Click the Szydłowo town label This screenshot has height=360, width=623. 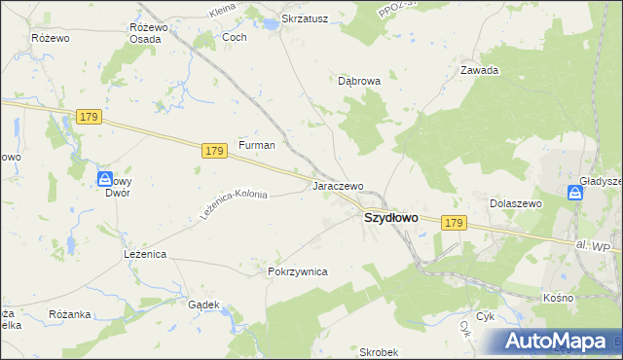click(391, 219)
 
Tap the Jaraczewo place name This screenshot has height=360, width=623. click(338, 185)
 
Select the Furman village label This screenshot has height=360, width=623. click(257, 145)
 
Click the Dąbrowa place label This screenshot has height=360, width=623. click(358, 82)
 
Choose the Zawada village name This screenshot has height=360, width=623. click(480, 70)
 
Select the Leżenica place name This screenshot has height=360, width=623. click(146, 254)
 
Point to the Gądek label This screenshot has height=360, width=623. click(202, 304)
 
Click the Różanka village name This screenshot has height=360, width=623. click(70, 314)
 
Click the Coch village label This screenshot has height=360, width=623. click(235, 37)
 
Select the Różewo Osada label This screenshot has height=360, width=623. click(149, 33)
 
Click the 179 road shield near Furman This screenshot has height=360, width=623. click(216, 150)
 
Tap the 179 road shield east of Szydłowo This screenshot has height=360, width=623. click(453, 223)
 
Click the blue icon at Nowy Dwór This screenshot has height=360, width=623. click(105, 178)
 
